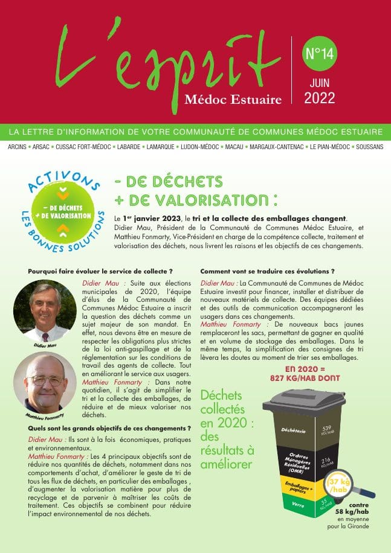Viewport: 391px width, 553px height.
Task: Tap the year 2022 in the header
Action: [320, 98]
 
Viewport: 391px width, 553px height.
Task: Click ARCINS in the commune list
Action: [20, 147]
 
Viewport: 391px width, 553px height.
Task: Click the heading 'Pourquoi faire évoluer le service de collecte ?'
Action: [100, 272]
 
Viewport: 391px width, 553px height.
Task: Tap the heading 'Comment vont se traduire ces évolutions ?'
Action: [267, 272]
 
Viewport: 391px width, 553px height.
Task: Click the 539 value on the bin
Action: [325, 428]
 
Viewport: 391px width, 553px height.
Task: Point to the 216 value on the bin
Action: [325, 461]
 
